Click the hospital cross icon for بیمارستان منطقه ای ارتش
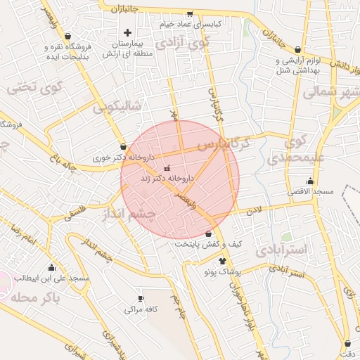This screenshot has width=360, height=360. [127, 32]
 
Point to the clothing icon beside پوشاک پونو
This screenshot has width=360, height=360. [223, 260]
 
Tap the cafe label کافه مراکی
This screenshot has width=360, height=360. [141, 309]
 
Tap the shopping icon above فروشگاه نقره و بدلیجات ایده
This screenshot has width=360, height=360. [67, 36]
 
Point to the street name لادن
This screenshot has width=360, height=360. [253, 210]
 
